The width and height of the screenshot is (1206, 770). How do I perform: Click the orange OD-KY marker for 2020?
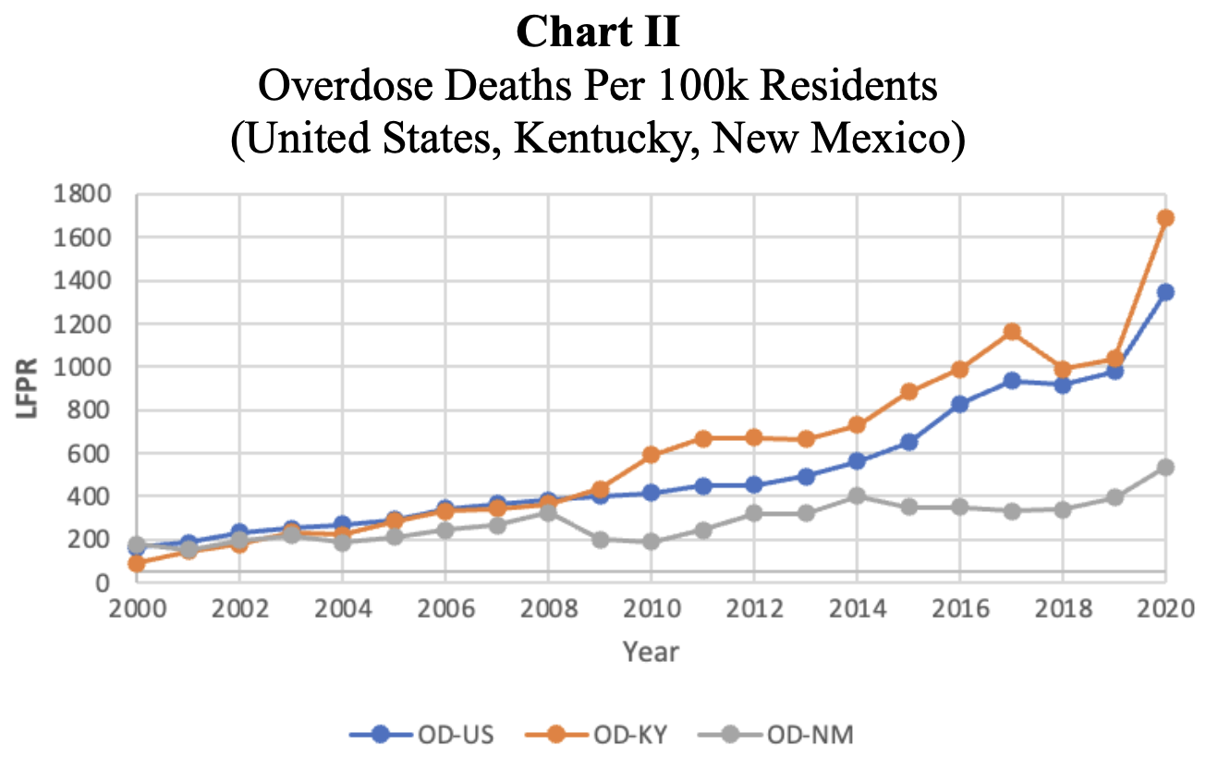(x=1165, y=218)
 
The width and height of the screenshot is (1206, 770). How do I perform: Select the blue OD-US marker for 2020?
(x=1165, y=292)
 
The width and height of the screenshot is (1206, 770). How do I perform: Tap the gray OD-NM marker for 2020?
(x=1165, y=468)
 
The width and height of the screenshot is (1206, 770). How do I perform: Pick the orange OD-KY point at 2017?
(x=1012, y=331)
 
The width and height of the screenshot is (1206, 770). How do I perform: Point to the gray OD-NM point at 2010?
(x=651, y=542)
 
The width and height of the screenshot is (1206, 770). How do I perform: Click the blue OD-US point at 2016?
(x=959, y=404)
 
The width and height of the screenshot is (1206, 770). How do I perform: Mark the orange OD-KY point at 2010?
(x=651, y=455)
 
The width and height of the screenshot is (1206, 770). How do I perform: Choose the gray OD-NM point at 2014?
(x=857, y=495)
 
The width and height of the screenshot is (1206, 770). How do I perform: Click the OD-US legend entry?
(x=422, y=736)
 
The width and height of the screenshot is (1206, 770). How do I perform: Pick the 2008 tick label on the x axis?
(x=548, y=612)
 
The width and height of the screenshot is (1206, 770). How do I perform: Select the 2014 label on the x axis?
(x=857, y=612)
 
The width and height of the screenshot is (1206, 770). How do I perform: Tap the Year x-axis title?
(x=650, y=652)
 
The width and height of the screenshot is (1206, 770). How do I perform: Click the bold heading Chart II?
(x=598, y=33)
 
